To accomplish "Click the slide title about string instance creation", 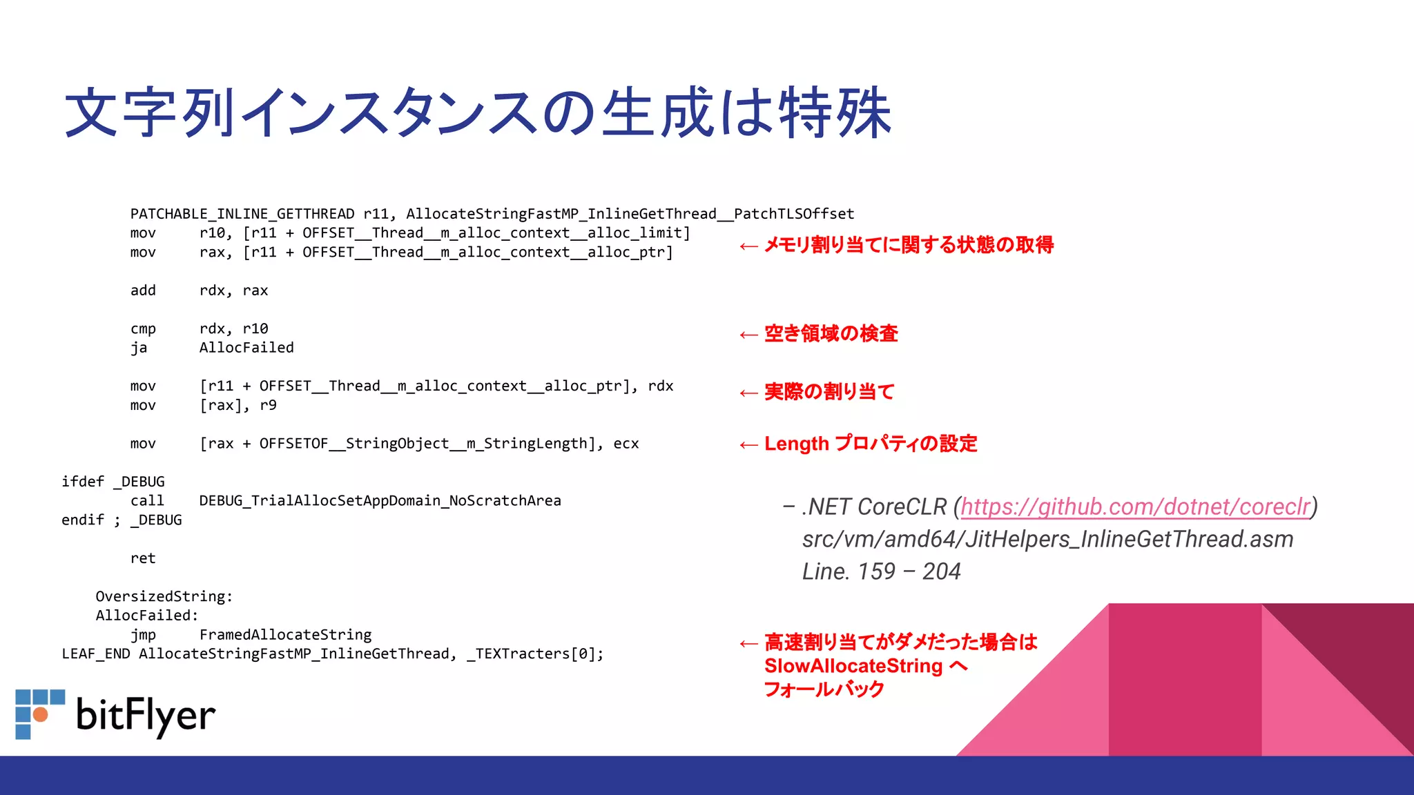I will (x=478, y=113).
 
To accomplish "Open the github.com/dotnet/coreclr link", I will (x=1135, y=507).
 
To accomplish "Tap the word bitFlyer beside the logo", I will (x=146, y=716).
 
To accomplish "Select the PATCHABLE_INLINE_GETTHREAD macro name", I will (x=242, y=214).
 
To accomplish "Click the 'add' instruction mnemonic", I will (x=143, y=291).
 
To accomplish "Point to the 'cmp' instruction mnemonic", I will (x=143, y=329).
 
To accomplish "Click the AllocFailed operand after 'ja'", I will (x=246, y=348).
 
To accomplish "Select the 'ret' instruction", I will (x=143, y=558).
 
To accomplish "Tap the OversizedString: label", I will (x=164, y=596).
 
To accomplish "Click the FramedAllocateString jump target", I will (x=285, y=635).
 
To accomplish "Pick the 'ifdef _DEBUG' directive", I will (x=113, y=482).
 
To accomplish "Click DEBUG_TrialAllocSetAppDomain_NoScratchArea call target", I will (x=380, y=501).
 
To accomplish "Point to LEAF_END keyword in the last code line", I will (x=96, y=654).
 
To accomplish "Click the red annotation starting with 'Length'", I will (x=871, y=444).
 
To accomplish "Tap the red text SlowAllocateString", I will (x=853, y=666).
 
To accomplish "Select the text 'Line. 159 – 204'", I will (x=881, y=571).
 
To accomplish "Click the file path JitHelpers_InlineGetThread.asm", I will (x=1047, y=539).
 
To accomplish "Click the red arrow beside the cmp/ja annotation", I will (x=748, y=335).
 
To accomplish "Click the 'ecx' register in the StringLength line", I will (x=626, y=444).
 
